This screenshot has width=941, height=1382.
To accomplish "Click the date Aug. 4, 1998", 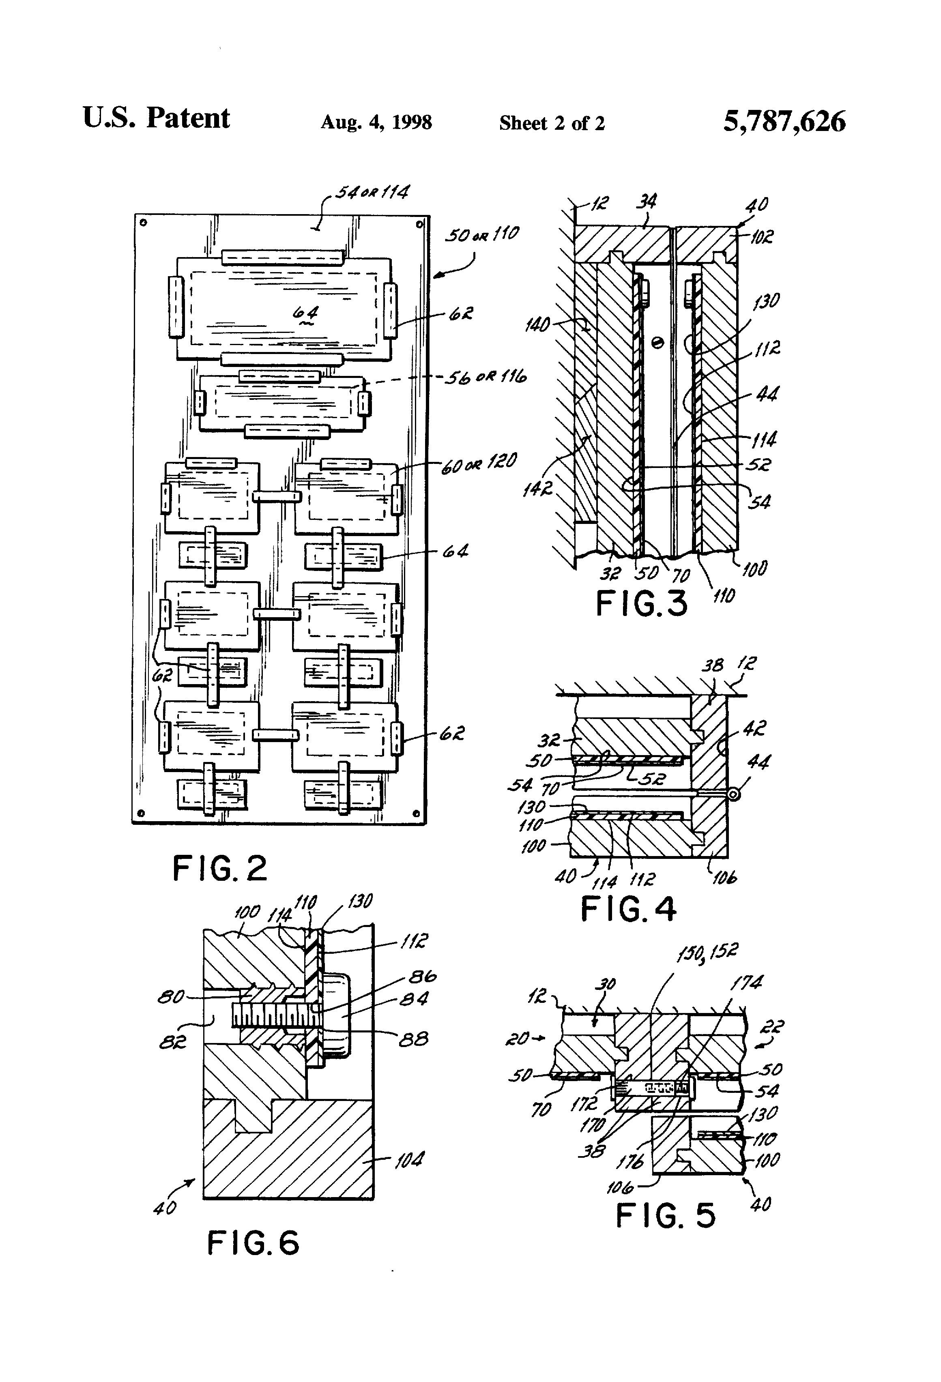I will tap(376, 122).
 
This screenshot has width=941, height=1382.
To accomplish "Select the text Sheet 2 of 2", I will tap(551, 123).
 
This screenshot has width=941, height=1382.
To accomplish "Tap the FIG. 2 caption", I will tap(219, 868).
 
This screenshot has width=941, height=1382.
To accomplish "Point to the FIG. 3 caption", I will tap(641, 603).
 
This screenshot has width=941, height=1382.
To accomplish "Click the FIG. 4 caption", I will tap(628, 909).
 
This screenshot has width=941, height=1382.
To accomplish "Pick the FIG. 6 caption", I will tap(253, 1243).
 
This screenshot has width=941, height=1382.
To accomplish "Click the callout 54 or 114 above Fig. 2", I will tap(372, 192).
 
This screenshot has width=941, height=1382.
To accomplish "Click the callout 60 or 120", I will tap(479, 463).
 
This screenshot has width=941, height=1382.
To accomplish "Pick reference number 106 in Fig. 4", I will tap(723, 877).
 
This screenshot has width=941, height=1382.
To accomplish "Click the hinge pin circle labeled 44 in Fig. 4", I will tap(734, 794).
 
